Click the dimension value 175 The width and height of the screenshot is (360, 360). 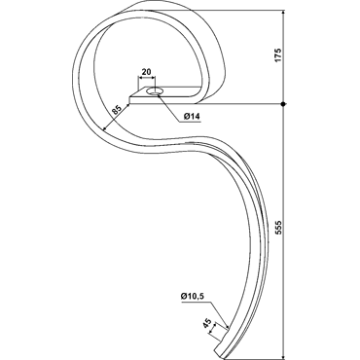279,55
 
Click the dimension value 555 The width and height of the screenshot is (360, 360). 279,228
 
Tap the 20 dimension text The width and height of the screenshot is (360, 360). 147,72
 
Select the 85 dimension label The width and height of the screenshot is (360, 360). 117,110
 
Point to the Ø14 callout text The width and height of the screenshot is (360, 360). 192,117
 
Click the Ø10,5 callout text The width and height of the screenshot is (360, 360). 194,296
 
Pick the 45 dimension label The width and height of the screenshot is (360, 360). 207,323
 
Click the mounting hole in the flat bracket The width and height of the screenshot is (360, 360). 154,91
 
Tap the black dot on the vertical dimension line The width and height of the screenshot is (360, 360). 283,104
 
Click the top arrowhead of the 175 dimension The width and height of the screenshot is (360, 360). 283,13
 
